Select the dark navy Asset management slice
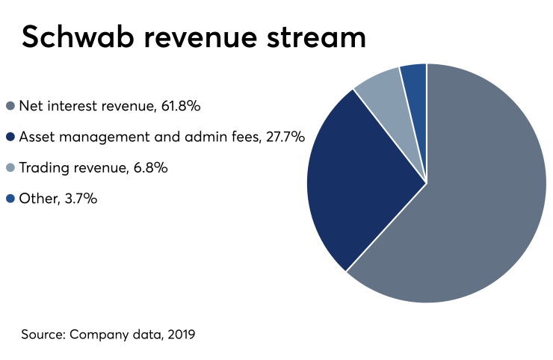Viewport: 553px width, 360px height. [359, 187]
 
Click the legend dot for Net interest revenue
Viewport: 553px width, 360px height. [10, 106]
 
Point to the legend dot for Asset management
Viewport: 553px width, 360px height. [10, 137]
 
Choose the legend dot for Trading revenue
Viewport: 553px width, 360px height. [10, 168]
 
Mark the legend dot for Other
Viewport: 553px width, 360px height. [10, 199]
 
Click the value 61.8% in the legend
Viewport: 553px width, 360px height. [180, 106]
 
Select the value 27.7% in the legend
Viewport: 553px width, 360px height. [285, 137]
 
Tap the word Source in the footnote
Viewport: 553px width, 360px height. [43, 334]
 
